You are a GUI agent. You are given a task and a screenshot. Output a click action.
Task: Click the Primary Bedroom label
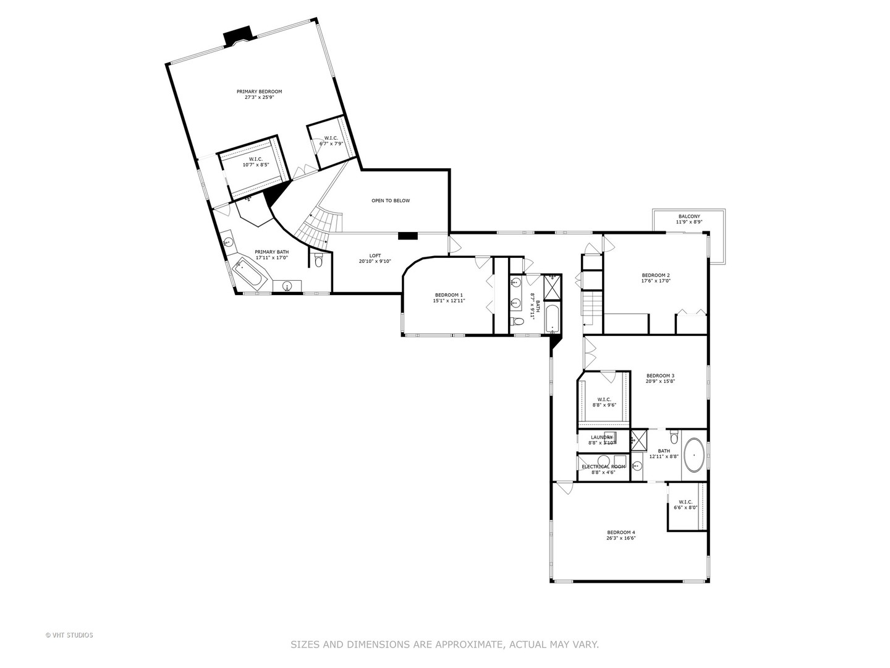point(259,94)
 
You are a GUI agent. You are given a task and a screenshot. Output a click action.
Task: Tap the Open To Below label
point(390,200)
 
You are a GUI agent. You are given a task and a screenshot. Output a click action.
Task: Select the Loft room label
point(375,258)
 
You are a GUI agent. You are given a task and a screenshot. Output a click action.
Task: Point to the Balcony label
point(689,219)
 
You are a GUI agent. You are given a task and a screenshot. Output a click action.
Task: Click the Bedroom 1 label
point(449,298)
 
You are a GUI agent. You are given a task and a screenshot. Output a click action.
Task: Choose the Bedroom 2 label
point(656,278)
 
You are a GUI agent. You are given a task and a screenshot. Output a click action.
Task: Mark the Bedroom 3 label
point(660,378)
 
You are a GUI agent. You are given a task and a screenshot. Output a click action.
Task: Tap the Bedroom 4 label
point(621,535)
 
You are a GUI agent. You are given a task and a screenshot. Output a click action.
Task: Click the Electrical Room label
point(603,469)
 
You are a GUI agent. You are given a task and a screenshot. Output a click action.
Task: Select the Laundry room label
point(601,439)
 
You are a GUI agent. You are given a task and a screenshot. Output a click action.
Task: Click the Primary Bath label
point(272,254)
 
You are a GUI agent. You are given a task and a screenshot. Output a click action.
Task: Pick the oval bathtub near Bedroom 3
point(695,456)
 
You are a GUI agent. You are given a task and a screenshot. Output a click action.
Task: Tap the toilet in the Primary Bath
point(318,261)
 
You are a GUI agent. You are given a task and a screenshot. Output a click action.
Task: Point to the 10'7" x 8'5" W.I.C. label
point(255,161)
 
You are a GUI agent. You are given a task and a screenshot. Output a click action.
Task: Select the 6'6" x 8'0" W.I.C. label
point(685,504)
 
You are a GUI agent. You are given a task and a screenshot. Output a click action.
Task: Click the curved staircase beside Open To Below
point(318,224)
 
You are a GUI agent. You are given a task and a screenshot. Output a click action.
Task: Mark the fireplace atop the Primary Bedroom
point(237,36)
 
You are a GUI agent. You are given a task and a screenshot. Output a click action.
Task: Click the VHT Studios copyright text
point(69,635)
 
